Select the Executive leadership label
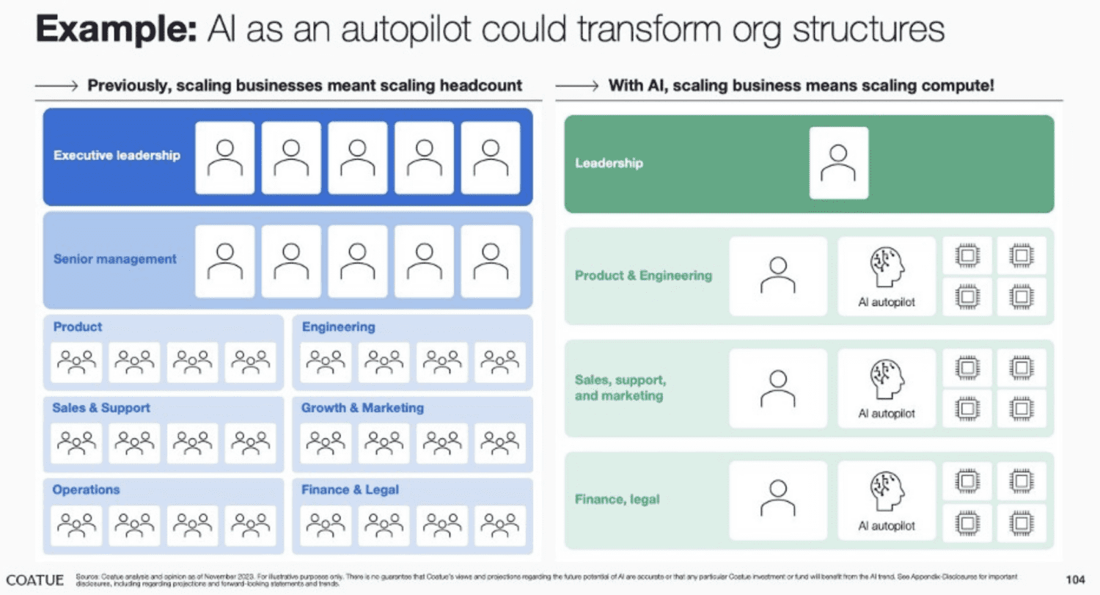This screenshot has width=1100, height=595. click(117, 156)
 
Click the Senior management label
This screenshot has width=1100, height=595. click(115, 259)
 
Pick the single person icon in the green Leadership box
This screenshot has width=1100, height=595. click(838, 162)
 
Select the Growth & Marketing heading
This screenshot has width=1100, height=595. click(362, 408)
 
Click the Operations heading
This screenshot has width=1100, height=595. click(86, 489)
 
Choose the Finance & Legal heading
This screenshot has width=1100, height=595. click(350, 489)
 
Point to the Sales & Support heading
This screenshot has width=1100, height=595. click(101, 408)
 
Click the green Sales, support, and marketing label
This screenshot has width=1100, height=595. click(620, 388)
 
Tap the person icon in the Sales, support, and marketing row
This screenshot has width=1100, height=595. click(777, 387)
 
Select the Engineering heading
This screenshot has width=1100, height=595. click(338, 326)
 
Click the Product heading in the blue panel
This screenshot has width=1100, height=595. click(77, 326)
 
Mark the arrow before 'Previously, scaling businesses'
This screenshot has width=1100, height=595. click(56, 86)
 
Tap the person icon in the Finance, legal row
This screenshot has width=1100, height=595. click(777, 499)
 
